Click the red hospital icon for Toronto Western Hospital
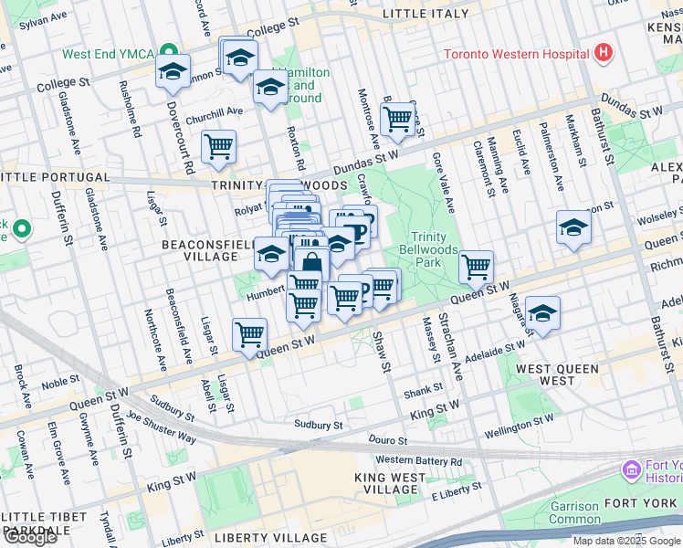coord(602,53)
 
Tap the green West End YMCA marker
coord(168,52)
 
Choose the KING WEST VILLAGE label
coord(394,483)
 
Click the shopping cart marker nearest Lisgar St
coord(249,334)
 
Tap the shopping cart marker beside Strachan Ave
coord(476,267)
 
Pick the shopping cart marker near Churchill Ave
coord(218,146)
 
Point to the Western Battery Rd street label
coord(419,460)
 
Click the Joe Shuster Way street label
coord(162,427)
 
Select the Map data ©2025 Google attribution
coord(626,541)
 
